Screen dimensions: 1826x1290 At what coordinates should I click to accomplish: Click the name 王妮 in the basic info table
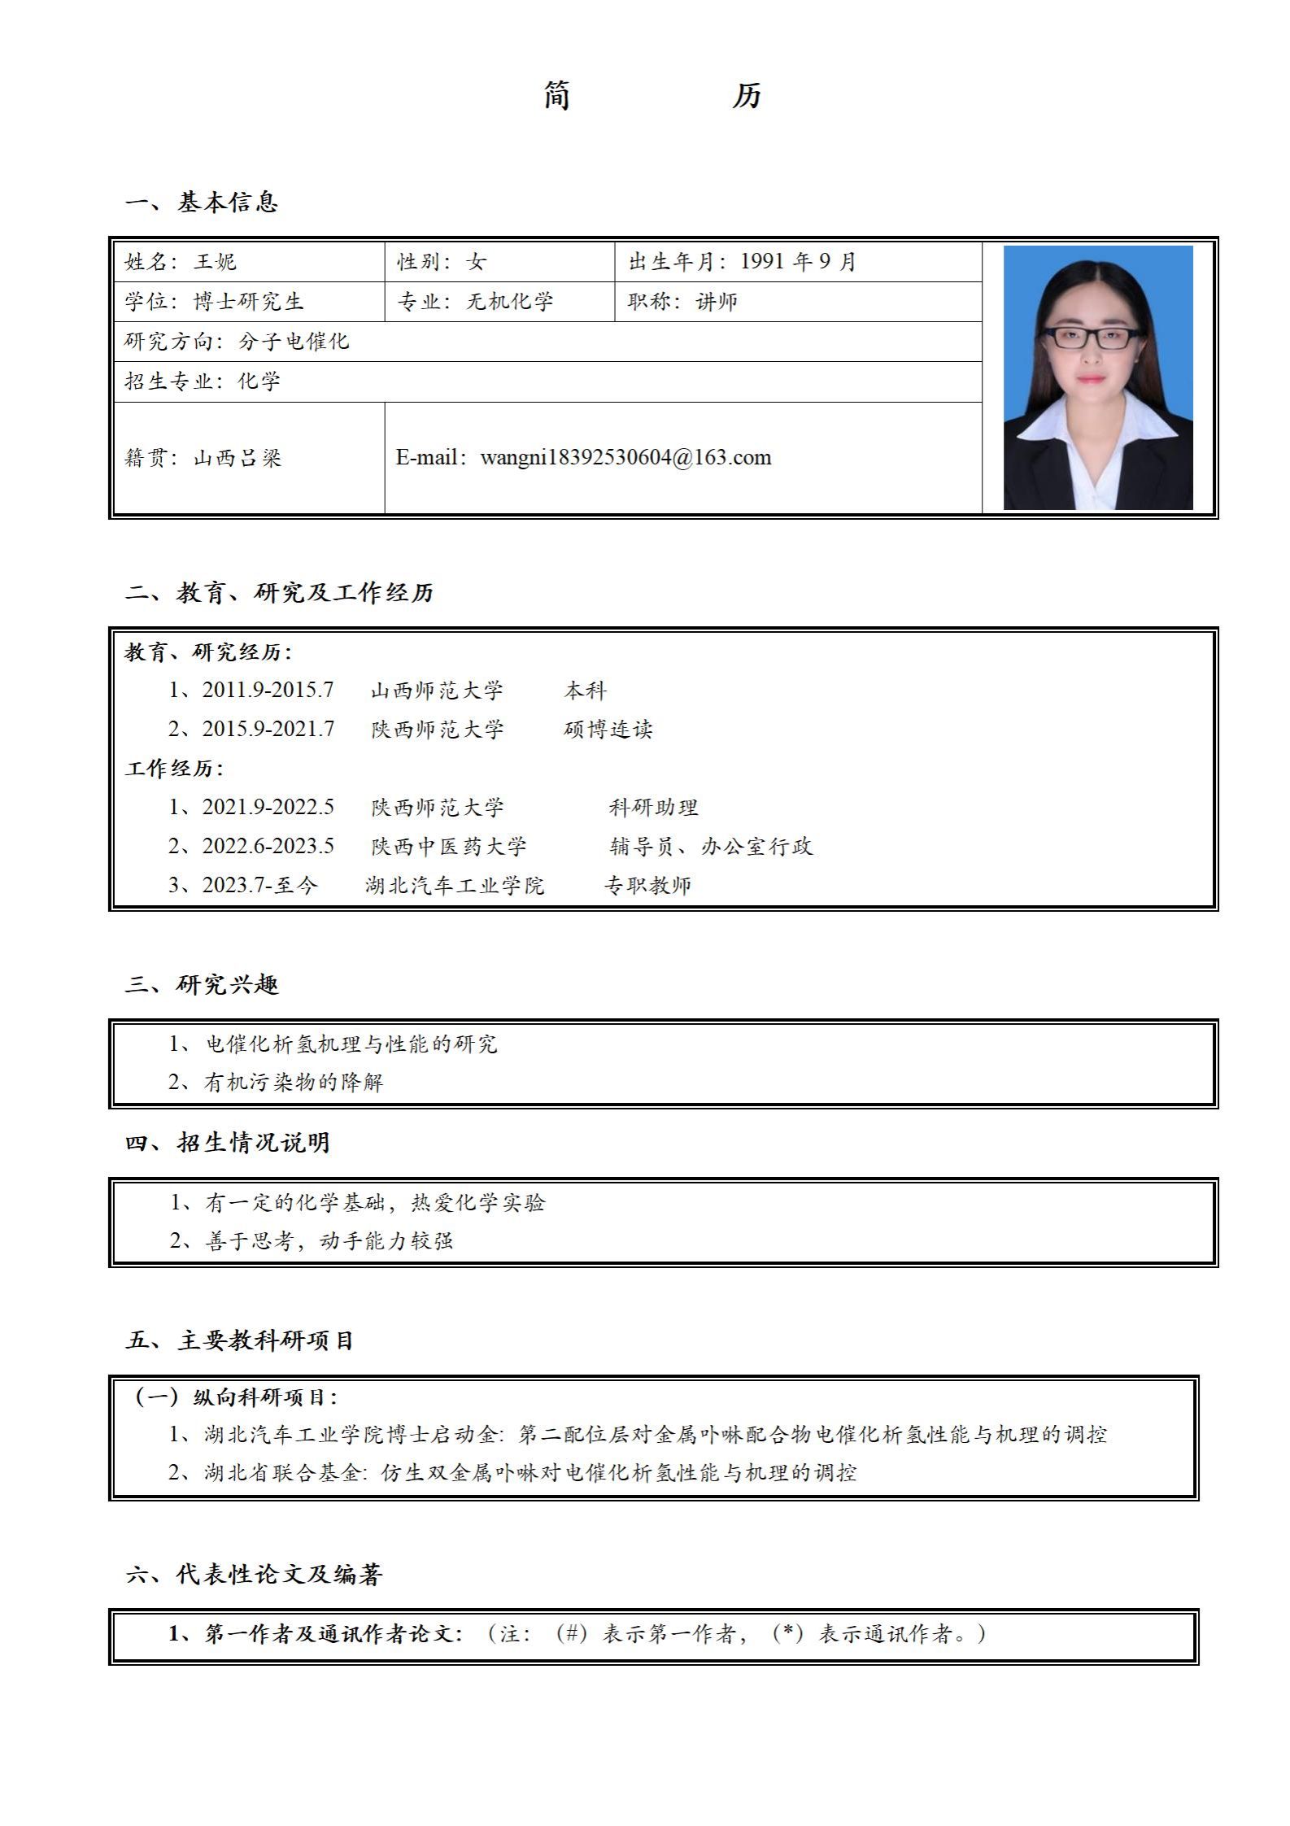pyautogui.click(x=215, y=262)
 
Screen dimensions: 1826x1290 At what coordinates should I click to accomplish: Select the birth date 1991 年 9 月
pyautogui.click(x=798, y=262)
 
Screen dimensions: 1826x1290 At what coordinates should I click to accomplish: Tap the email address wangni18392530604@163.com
pyautogui.click(x=625, y=457)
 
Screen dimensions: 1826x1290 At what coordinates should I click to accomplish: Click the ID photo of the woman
pyautogui.click(x=1097, y=377)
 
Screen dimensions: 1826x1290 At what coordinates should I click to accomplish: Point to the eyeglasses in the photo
pyautogui.click(x=1091, y=338)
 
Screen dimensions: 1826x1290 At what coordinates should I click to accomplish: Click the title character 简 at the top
pyautogui.click(x=557, y=96)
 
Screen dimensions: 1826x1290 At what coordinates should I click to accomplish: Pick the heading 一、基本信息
pyautogui.click(x=202, y=202)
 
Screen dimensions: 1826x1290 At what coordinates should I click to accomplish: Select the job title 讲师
pyautogui.click(x=717, y=302)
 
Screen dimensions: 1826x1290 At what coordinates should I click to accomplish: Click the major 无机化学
pyautogui.click(x=510, y=302)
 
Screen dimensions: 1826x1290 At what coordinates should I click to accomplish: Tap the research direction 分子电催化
pyautogui.click(x=294, y=341)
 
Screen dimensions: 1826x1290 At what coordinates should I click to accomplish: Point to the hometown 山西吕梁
pyautogui.click(x=238, y=458)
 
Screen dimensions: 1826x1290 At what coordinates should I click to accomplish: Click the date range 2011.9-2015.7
pyautogui.click(x=268, y=691)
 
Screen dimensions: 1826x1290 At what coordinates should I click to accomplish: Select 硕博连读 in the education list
pyautogui.click(x=608, y=729)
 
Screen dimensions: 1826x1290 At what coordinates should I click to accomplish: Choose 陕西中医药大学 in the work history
pyautogui.click(x=449, y=847)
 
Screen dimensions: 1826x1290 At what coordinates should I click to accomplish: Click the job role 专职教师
pyautogui.click(x=647, y=885)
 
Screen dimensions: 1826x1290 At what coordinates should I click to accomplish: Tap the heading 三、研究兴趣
pyautogui.click(x=202, y=985)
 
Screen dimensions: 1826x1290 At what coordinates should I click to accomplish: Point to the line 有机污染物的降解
pyautogui.click(x=294, y=1083)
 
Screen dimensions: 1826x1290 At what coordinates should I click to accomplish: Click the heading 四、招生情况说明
pyautogui.click(x=227, y=1143)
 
